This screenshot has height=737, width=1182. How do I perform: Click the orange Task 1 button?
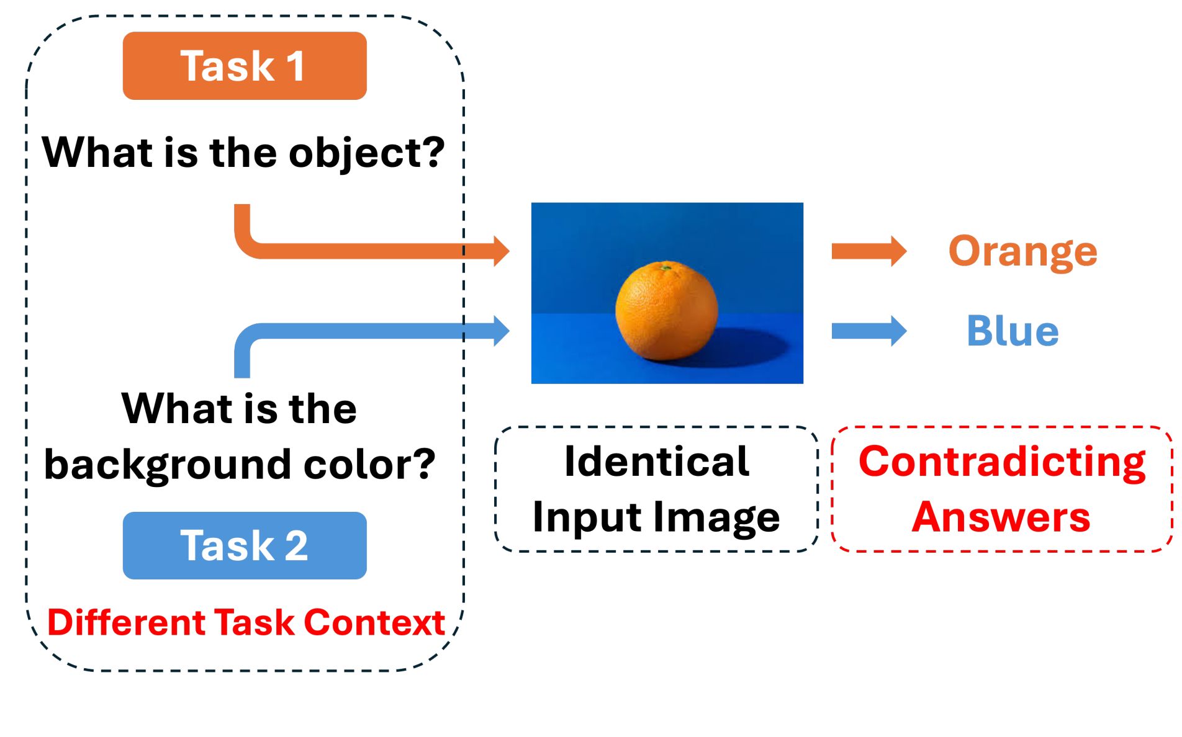coord(244,66)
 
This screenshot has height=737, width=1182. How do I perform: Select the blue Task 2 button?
coord(244,545)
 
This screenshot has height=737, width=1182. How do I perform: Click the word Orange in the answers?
coord(1022,251)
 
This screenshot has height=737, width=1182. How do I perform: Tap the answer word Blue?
coord(1013,331)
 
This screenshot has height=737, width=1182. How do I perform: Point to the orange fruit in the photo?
coord(666,310)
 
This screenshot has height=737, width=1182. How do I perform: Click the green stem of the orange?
coord(666,268)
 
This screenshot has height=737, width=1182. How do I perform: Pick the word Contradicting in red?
coord(1001,462)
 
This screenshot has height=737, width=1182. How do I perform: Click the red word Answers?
coord(1001,517)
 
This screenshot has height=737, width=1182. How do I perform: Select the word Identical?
coord(656,462)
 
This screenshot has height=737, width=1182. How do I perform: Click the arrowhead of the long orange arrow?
coord(501,251)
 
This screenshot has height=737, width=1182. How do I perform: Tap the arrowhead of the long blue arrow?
coord(501,331)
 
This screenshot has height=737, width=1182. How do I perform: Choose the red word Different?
coord(126,622)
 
